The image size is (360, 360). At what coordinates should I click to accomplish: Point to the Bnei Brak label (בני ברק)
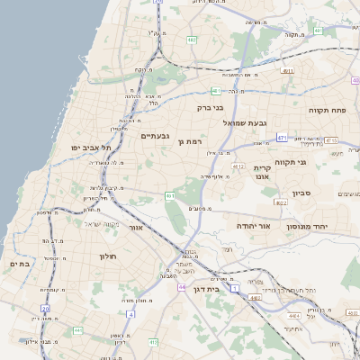point(209,107)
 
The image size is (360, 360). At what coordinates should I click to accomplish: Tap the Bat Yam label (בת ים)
point(20,264)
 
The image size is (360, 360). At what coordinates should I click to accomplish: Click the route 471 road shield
point(282,138)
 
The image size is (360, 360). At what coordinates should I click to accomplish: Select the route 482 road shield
point(192,40)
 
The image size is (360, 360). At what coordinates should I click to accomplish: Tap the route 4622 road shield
point(281,203)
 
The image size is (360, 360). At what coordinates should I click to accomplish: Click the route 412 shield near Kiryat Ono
point(238,166)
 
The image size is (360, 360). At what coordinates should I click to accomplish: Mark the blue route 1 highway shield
point(235,288)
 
